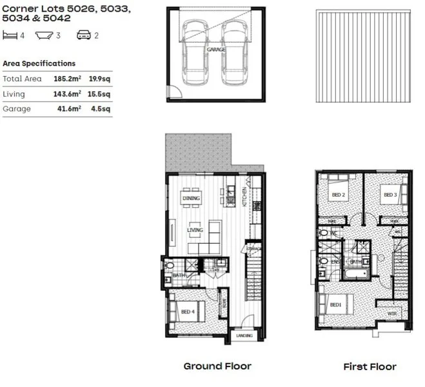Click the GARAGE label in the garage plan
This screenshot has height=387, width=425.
point(215,49)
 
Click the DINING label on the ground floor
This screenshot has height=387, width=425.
point(192,199)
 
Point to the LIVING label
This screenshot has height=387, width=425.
point(195,230)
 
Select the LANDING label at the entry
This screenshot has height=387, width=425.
point(244,335)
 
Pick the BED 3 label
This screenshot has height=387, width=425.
point(390,195)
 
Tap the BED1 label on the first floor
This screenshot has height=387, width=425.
point(335,304)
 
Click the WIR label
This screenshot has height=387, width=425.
point(391,314)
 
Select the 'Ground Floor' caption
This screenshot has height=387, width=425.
point(217,366)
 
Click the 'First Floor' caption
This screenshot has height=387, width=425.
point(370,366)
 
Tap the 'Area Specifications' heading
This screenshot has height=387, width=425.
point(39,64)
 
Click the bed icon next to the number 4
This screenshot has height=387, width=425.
point(10,35)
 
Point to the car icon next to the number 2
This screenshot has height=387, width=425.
point(84,35)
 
